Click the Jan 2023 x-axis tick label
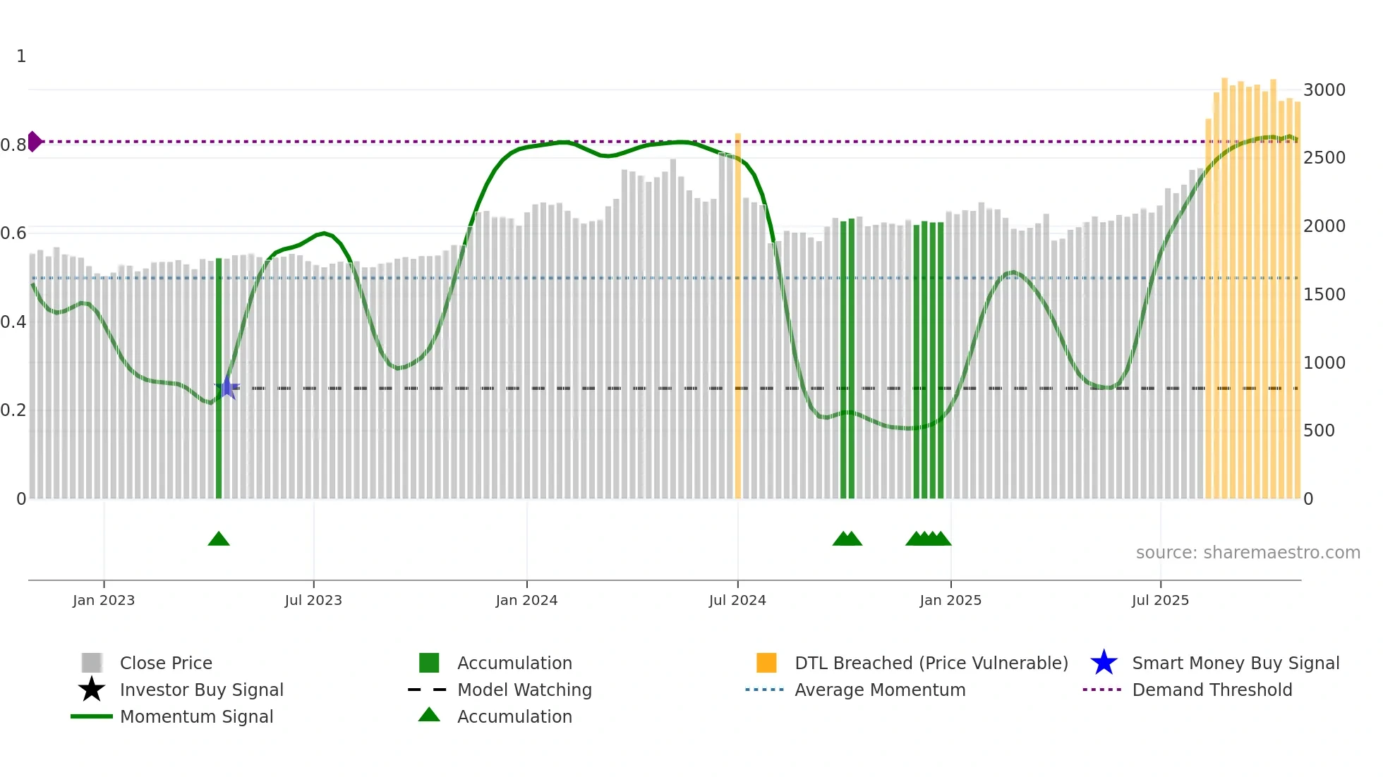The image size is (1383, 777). coord(104,601)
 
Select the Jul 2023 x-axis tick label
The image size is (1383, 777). coord(313,601)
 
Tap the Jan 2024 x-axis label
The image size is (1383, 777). coord(526,601)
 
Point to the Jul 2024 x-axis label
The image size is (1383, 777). coord(737,601)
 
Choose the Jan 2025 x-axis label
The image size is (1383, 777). coord(950,601)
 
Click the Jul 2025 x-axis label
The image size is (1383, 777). coord(1160,601)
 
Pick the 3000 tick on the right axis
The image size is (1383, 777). coord(1324,90)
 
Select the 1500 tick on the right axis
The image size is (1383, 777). coord(1324,295)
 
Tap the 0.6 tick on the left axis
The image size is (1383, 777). coord(13,233)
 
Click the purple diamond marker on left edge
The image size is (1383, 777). coord(34,142)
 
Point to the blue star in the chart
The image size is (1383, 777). coord(227,387)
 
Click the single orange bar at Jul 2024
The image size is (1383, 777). coord(738,317)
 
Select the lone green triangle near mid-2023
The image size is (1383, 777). coord(219,539)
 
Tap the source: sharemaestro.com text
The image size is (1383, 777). coord(1248,553)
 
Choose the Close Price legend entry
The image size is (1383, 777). coord(166,663)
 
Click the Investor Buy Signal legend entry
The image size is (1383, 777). coord(201,690)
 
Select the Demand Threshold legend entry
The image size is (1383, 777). coord(1212,690)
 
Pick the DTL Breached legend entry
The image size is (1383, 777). coord(931,663)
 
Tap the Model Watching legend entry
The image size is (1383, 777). coord(524,690)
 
